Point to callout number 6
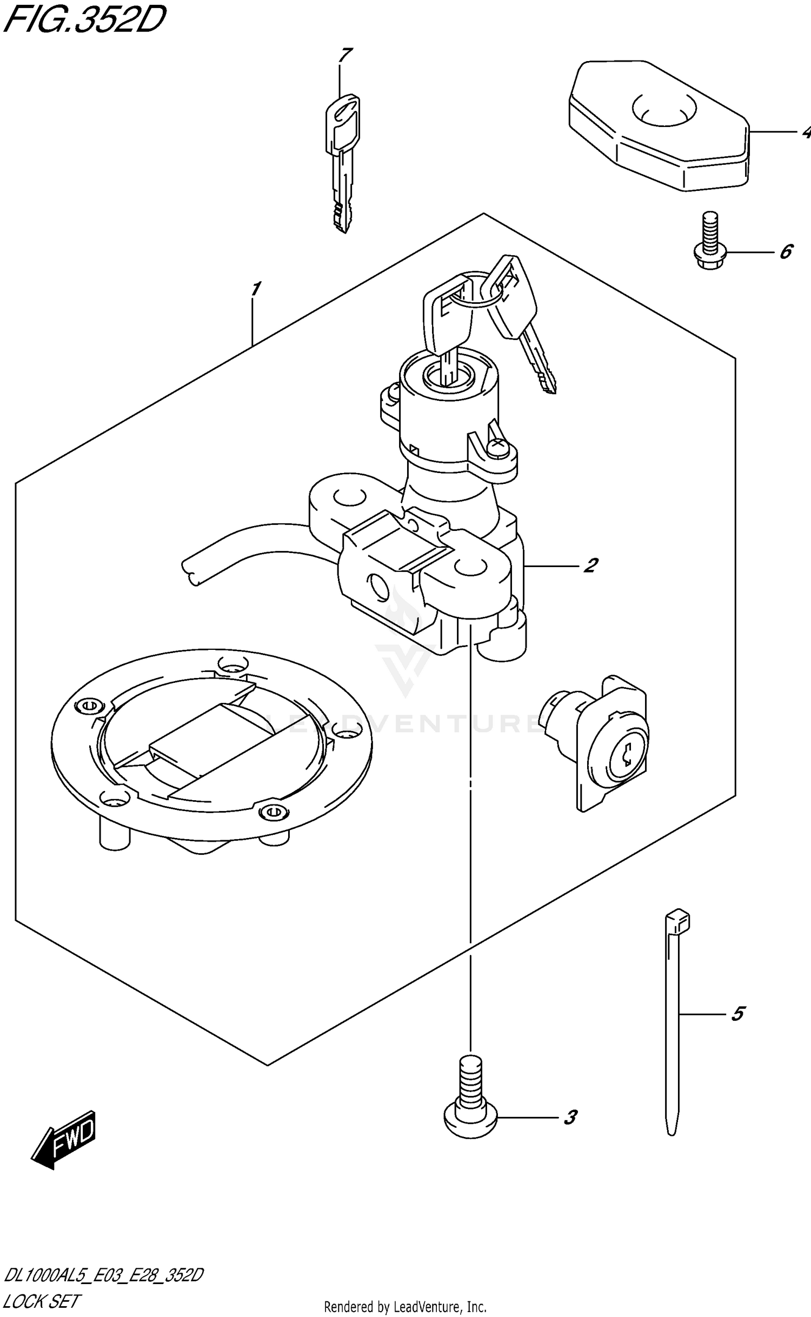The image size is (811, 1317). (786, 251)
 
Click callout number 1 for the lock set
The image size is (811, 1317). (255, 289)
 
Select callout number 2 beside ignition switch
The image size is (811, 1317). (590, 566)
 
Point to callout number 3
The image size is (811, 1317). (570, 1118)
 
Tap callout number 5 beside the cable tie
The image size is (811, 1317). (737, 1014)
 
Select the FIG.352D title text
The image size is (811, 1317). (84, 21)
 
